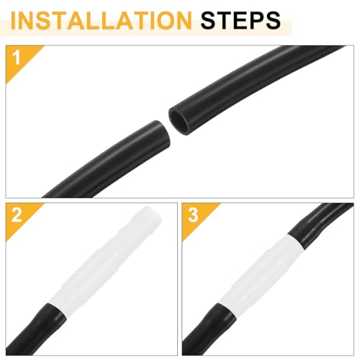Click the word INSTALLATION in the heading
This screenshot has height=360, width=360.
(x=102, y=20)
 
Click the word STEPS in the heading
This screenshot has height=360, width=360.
(x=240, y=20)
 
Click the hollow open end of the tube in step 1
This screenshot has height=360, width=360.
(x=179, y=120)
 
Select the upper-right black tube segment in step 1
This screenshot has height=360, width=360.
(x=252, y=81)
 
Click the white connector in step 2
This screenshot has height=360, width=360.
(x=106, y=261)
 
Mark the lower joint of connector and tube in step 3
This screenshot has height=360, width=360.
(x=227, y=311)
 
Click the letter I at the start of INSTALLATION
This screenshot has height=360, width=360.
(x=14, y=20)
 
